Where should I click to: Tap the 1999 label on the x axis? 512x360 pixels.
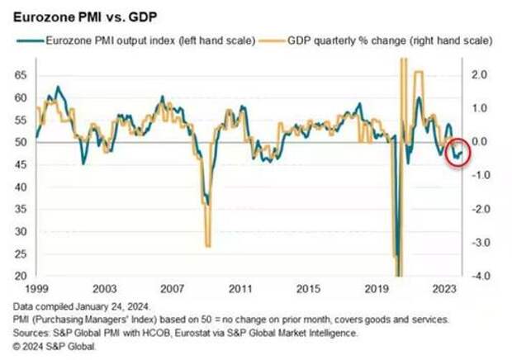34,290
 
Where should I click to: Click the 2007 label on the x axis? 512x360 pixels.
173,290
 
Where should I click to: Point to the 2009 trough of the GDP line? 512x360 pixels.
208,245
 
